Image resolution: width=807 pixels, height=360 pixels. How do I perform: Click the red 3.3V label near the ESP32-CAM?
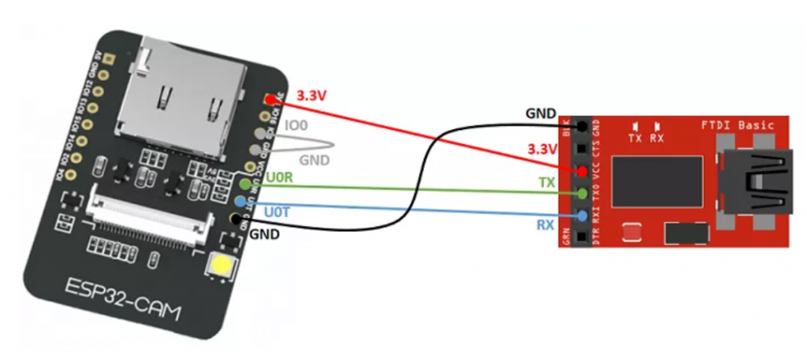[311, 96]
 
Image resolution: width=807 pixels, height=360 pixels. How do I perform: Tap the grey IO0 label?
[297, 125]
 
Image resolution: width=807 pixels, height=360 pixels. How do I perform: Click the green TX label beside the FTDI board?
[546, 182]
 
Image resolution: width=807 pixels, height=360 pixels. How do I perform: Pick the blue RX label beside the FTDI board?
[545, 225]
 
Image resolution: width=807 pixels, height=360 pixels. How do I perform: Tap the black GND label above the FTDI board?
[541, 113]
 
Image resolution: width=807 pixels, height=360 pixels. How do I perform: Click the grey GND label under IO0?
[314, 160]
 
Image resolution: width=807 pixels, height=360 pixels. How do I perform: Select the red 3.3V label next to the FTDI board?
[541, 150]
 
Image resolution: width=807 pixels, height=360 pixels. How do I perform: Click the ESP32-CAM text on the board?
[127, 304]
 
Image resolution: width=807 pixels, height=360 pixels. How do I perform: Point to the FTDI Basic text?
[738, 125]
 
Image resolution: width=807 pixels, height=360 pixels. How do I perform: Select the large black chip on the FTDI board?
[656, 181]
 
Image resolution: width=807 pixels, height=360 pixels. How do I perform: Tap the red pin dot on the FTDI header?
[581, 171]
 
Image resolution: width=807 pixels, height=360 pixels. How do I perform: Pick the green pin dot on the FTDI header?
[581, 193]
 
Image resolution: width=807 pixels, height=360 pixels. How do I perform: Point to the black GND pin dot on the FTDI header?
[581, 126]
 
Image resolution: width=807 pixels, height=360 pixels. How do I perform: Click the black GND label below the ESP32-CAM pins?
[265, 235]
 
